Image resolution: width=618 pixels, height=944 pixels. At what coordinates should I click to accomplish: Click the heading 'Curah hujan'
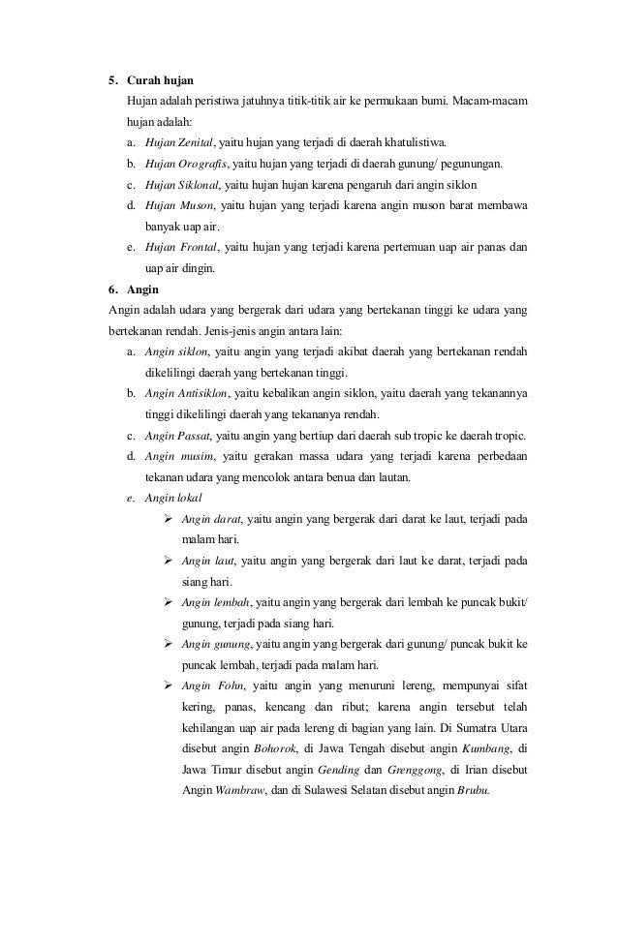coord(166,78)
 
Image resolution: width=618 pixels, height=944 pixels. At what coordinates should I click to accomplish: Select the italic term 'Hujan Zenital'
coord(178,141)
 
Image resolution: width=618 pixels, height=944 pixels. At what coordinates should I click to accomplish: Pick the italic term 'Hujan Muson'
coord(175,205)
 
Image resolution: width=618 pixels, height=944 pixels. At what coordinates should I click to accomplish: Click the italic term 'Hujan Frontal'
coord(181,247)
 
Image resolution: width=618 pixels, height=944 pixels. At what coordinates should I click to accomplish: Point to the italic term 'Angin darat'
coord(211,520)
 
